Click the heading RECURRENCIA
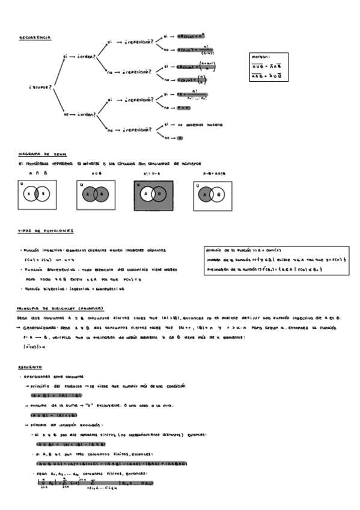point(34,37)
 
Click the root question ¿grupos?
point(40,87)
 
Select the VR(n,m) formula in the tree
point(192,36)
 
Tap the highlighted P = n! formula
point(184,108)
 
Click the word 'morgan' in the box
point(261,57)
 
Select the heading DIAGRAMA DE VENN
point(37,155)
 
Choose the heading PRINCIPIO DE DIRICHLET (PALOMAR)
point(60,309)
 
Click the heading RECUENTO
point(29,366)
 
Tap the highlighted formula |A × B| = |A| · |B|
point(55,396)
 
